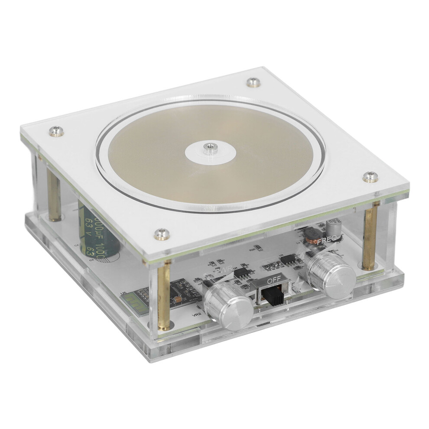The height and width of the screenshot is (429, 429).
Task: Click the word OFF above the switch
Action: pyautogui.click(x=274, y=280)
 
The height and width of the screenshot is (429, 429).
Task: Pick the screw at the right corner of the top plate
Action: pyautogui.click(x=369, y=176)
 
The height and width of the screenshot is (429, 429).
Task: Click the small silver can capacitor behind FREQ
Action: pyautogui.click(x=334, y=227)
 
